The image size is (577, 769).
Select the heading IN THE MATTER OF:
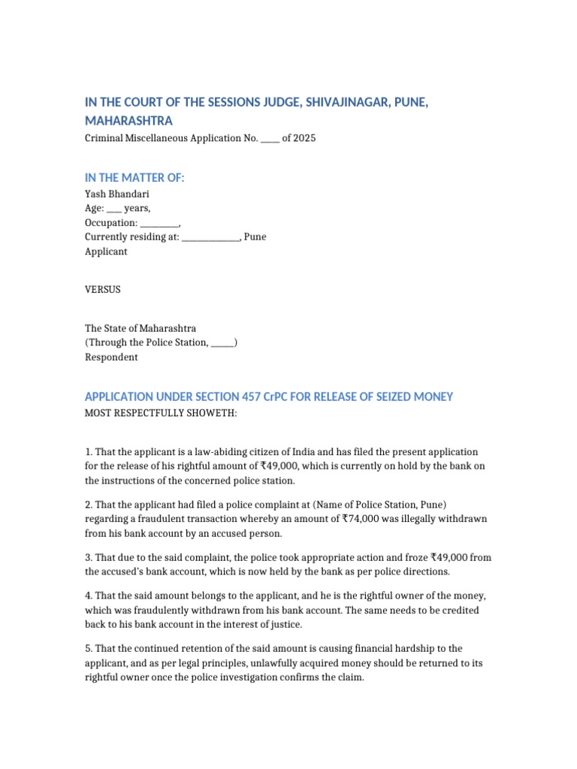coord(134,177)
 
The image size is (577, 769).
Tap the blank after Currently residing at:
coord(210,238)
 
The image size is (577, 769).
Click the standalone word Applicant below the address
coord(106,252)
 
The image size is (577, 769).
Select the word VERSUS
coord(102,289)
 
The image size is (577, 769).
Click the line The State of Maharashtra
coord(140,328)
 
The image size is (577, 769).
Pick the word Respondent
coord(111,357)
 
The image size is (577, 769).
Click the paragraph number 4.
coord(88,596)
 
